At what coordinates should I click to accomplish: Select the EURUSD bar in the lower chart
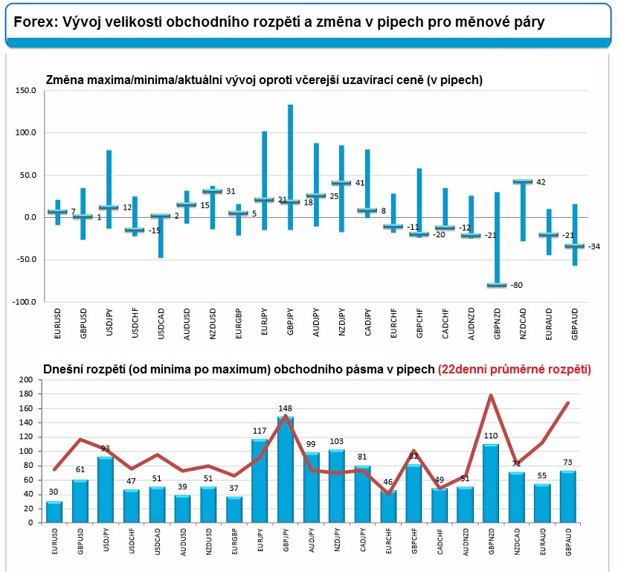coord(54,512)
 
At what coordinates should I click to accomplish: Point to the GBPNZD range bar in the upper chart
coord(498,238)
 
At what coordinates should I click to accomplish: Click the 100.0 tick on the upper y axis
coord(25,133)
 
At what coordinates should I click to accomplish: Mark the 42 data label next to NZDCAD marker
coord(541,181)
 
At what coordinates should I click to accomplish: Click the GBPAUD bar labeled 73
coord(568,497)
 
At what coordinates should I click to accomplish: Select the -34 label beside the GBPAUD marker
coord(594,246)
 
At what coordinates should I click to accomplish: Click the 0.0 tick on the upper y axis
coord(30,218)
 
